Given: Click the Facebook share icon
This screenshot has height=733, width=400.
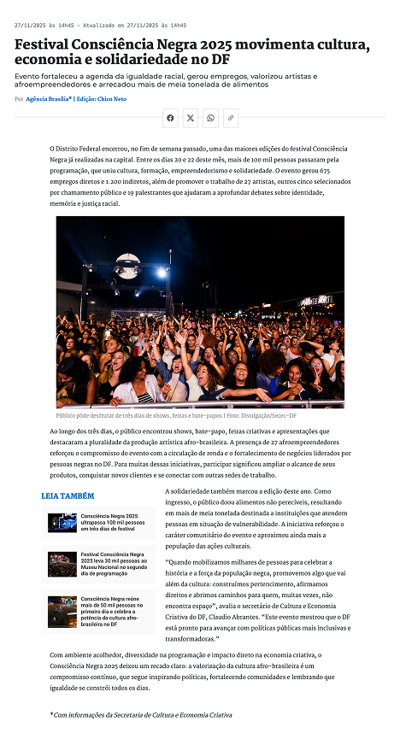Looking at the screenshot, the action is click(170, 118).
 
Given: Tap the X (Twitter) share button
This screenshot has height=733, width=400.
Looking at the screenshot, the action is click(191, 118).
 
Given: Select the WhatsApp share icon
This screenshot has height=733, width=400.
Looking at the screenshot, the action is click(210, 118).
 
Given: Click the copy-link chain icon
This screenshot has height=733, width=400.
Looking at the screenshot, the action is click(230, 118).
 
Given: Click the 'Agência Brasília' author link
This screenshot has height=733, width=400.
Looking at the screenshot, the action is click(49, 99).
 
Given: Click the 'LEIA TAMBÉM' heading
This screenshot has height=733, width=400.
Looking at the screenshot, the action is click(68, 496).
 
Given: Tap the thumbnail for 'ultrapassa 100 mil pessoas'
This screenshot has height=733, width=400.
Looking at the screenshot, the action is click(62, 522).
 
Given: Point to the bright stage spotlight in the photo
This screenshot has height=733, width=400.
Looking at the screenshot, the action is click(162, 273).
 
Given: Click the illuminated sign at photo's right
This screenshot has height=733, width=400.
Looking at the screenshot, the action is click(315, 302).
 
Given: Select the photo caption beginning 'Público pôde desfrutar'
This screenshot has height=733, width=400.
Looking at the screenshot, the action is click(137, 415).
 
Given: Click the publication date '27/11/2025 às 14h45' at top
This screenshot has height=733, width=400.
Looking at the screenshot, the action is click(42, 26).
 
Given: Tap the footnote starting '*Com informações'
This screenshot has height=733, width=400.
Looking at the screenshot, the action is click(141, 713).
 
